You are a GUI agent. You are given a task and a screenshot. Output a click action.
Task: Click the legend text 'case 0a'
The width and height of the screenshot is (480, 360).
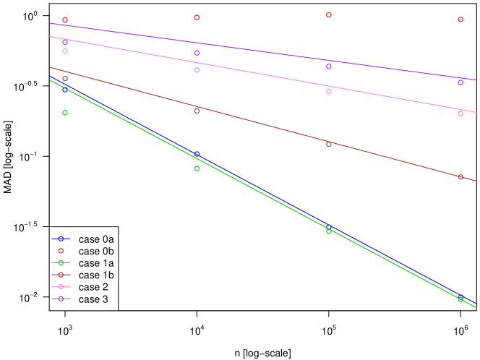tap(97, 239)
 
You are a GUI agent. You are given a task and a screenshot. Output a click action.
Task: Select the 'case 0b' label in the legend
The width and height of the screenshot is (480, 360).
tap(97, 251)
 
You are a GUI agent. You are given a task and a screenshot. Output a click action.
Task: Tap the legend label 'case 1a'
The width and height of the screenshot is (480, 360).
tap(97, 263)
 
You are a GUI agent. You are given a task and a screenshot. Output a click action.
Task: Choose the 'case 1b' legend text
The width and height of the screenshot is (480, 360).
tap(97, 275)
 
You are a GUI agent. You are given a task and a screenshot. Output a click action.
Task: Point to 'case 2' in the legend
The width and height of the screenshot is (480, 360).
tap(94, 287)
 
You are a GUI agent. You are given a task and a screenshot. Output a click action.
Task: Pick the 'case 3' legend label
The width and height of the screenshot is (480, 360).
tap(94, 299)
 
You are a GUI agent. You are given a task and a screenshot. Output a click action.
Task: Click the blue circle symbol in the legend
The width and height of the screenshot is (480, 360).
tap(61, 239)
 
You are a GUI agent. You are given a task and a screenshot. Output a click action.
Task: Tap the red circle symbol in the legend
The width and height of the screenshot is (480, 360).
tap(61, 251)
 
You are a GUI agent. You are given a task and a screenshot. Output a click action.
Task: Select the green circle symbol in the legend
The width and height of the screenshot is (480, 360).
tap(61, 263)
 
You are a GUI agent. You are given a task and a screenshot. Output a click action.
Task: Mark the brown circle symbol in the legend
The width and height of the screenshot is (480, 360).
tap(61, 275)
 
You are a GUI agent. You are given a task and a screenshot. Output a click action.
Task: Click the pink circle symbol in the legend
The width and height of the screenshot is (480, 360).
tap(61, 287)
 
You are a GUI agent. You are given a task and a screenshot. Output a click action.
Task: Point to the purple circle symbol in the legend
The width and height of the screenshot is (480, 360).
tap(61, 299)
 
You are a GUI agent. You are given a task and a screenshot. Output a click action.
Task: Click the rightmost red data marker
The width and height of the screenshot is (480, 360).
tap(460, 20)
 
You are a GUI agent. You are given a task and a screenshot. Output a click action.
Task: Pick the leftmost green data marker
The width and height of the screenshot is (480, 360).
tap(65, 113)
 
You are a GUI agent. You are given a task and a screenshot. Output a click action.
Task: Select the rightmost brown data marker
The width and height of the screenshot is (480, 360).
tap(460, 177)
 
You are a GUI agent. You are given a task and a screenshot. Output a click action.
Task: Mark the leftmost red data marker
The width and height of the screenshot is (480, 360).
tap(65, 20)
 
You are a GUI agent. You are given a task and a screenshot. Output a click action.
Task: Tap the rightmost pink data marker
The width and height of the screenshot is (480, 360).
tap(460, 113)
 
